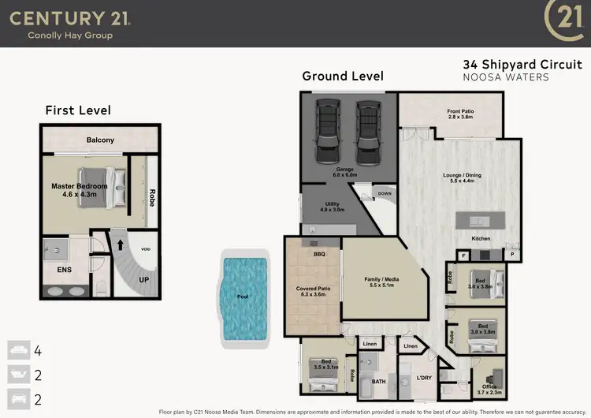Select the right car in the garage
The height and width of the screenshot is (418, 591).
(x=366, y=129)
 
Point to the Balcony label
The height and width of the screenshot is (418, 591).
(x=100, y=140)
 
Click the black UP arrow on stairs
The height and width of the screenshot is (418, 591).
(x=121, y=244)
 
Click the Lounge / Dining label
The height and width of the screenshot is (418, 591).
(x=459, y=177)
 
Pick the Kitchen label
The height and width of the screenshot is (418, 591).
(x=481, y=238)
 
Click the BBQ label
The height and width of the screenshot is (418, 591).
(x=319, y=254)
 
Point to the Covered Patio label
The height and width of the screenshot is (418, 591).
(x=314, y=292)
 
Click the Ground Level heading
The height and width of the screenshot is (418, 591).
(x=343, y=77)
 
